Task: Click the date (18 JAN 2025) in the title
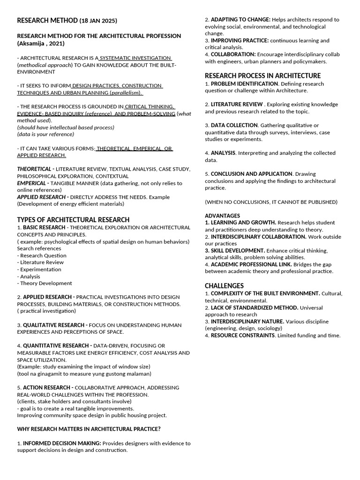click(98, 21)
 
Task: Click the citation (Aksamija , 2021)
click(41, 44)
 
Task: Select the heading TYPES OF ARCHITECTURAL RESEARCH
click(73, 220)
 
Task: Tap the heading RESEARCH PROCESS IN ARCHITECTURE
click(263, 75)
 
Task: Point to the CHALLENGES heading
click(224, 286)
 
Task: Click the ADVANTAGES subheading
click(222, 216)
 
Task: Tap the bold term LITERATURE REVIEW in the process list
click(237, 104)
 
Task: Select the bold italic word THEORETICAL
click(34, 169)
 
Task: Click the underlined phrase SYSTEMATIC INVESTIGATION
click(128, 58)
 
